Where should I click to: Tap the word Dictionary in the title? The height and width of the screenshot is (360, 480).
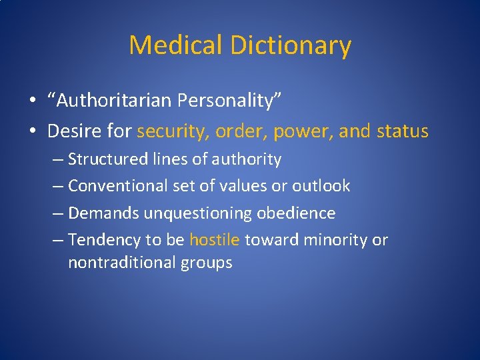[291, 45]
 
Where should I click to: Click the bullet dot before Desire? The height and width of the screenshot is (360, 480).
[33, 131]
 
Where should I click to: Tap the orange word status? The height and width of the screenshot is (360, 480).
[402, 131]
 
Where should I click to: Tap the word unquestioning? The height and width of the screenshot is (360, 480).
[191, 213]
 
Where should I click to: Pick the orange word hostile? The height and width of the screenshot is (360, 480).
[214, 240]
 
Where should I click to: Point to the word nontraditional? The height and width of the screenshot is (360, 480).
[122, 263]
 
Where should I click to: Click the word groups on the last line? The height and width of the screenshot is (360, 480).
[207, 263]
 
